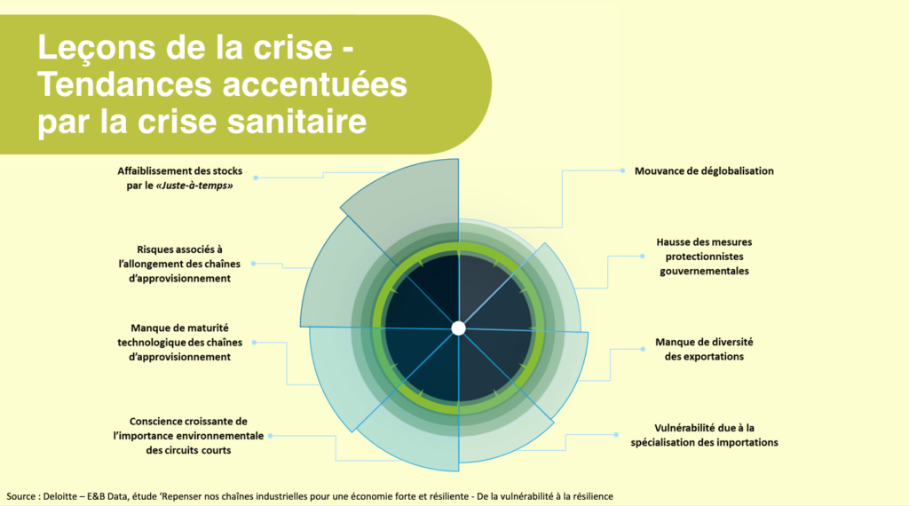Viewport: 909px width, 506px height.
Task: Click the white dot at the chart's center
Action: [458, 328]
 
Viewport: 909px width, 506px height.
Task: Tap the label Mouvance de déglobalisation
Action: [704, 171]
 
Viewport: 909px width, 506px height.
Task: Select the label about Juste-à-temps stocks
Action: [179, 178]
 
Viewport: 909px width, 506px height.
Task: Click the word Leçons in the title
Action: [97, 48]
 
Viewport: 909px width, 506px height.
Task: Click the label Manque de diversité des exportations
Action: [704, 349]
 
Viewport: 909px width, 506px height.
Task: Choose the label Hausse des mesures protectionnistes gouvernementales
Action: [704, 257]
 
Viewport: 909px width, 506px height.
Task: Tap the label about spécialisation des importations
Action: [704, 435]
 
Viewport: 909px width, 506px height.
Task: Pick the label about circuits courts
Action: [188, 435]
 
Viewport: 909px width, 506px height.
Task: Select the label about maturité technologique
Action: [179, 342]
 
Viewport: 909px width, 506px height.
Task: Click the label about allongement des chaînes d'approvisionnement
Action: [179, 264]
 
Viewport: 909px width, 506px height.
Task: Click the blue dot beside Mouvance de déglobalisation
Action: [622, 170]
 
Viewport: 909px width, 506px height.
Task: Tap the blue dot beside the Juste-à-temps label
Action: [256, 178]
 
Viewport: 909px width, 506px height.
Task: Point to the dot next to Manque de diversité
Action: [643, 349]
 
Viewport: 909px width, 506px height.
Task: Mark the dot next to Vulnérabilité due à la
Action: [616, 434]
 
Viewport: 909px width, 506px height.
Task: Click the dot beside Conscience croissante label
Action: [270, 435]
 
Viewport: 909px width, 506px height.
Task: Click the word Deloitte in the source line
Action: [59, 496]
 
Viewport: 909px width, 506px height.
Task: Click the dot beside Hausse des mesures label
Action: [643, 256]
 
